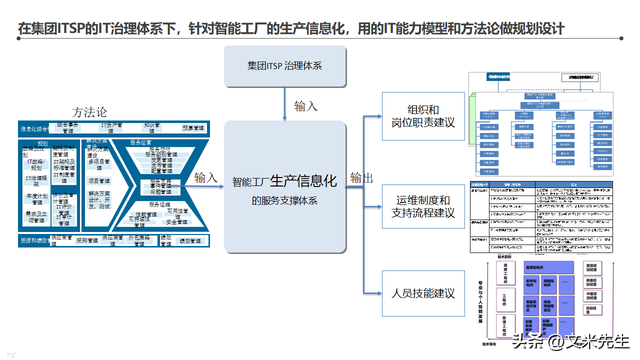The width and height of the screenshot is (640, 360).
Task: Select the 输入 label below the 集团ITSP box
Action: pos(307,106)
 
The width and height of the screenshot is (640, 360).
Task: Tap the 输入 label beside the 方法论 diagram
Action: pos(207,177)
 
